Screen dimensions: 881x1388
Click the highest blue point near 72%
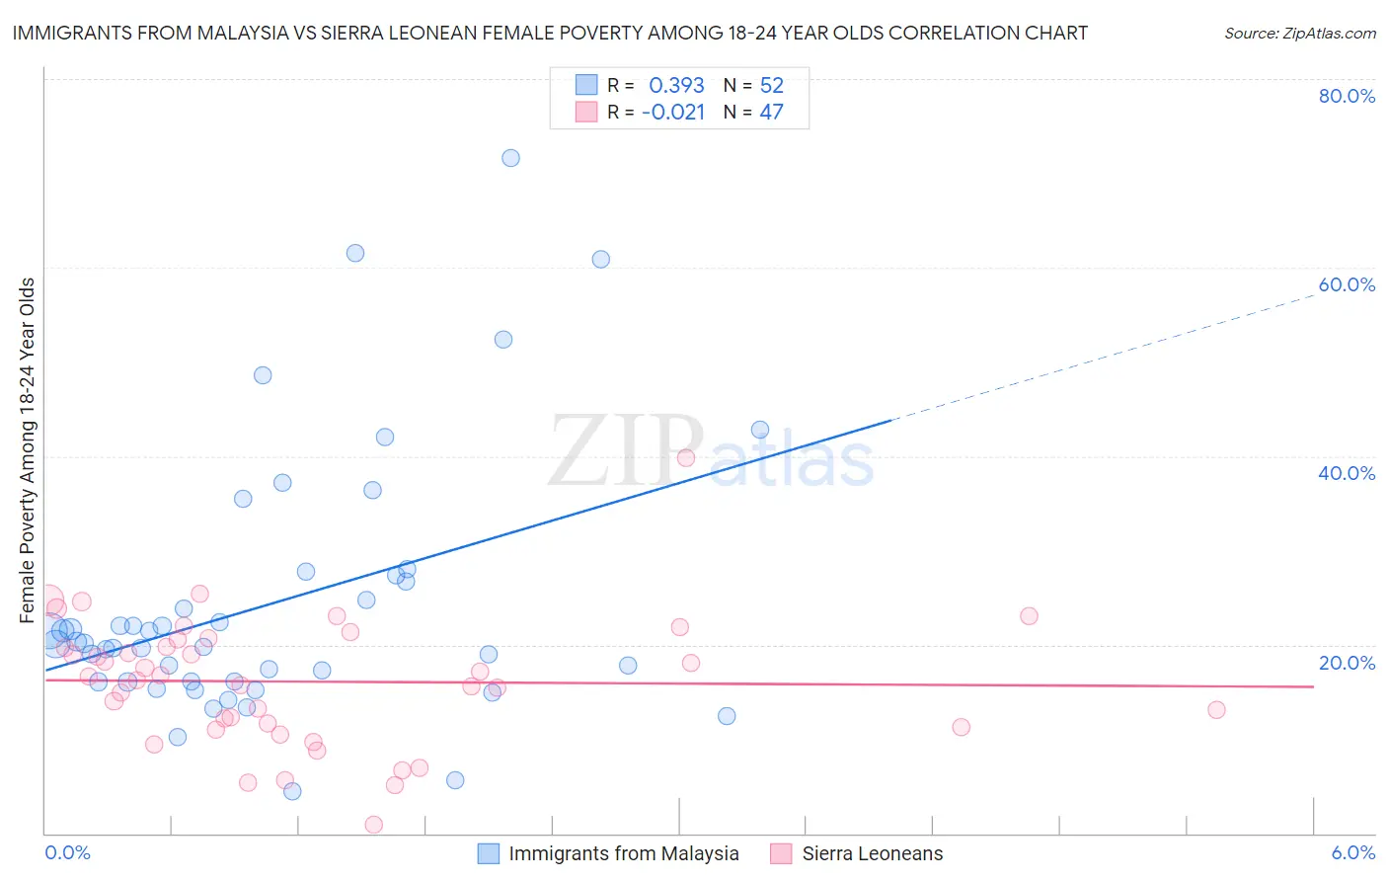[x=510, y=158]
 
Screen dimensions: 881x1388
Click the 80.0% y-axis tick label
[x=1346, y=96]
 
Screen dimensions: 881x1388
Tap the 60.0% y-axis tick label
[x=1346, y=284]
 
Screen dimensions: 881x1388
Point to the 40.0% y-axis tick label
[x=1346, y=473]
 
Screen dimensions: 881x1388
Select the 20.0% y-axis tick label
[x=1346, y=663]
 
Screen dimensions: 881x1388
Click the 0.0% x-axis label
[x=67, y=852]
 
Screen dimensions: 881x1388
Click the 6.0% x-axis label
[x=1352, y=852]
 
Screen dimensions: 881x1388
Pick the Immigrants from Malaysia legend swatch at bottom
[x=488, y=853]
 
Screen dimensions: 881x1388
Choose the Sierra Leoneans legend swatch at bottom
[x=781, y=853]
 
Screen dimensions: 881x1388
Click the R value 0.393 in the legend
[x=676, y=86]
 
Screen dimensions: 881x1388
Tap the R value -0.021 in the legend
[x=673, y=113]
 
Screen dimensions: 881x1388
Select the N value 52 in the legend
[x=771, y=86]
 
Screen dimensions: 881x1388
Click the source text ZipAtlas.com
[x=1299, y=33]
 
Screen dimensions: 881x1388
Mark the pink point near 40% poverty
[x=686, y=457]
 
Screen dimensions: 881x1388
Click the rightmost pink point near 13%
[x=1216, y=710]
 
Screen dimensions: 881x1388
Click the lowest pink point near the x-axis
[x=374, y=825]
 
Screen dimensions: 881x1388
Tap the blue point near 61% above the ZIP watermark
[x=600, y=260]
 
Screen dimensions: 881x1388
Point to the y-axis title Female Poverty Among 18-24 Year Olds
[x=28, y=449]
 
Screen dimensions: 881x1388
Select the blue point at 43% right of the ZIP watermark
[x=760, y=430]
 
